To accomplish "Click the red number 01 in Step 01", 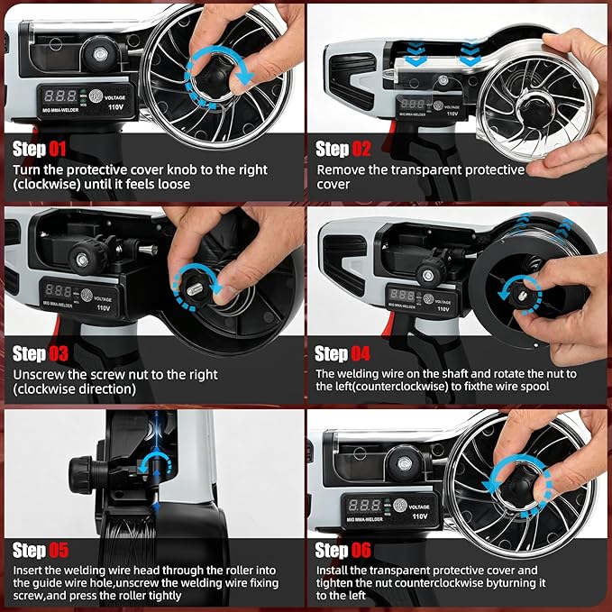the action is pos(58,149).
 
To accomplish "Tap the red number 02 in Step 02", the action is pos(361,149).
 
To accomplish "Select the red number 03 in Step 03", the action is pos(59,354).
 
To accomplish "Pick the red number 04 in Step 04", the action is pos(361,353).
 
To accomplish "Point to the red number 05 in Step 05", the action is pos(59,551).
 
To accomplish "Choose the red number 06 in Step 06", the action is pos(361,550).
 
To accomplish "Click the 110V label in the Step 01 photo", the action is pos(115,107).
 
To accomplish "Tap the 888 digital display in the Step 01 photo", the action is pos(60,96).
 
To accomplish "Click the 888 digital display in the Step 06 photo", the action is pos(364,506).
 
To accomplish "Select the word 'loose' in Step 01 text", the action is pos(174,184).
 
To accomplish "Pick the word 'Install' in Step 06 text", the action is pos(331,571).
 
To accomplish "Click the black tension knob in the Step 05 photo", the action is pos(82,475).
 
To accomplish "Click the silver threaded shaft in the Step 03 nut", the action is pos(195,289).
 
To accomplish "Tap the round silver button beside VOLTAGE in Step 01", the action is pos(96,96).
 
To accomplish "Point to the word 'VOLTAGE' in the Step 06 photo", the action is pos(419,507).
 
